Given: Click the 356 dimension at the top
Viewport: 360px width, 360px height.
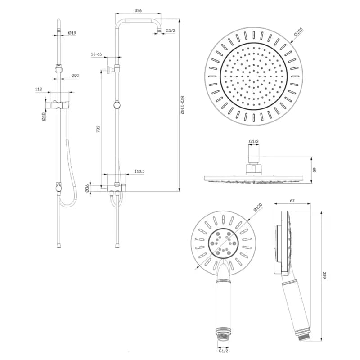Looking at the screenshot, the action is click(138, 10).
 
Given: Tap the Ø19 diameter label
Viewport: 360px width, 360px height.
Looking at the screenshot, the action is click(72, 33).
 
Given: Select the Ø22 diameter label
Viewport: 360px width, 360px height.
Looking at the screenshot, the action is click(75, 76).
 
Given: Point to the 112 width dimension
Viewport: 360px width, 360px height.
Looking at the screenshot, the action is click(39, 89).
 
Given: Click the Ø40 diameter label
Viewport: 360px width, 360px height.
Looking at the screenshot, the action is click(44, 117).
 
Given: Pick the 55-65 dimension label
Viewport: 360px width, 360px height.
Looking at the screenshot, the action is click(96, 54).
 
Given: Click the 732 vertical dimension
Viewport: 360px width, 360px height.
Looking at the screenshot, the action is click(98, 129).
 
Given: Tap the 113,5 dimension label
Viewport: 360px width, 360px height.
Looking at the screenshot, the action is click(139, 171).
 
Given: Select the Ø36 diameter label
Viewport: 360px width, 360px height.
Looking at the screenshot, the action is click(87, 188).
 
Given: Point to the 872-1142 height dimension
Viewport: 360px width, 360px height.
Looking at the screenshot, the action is click(183, 105).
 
